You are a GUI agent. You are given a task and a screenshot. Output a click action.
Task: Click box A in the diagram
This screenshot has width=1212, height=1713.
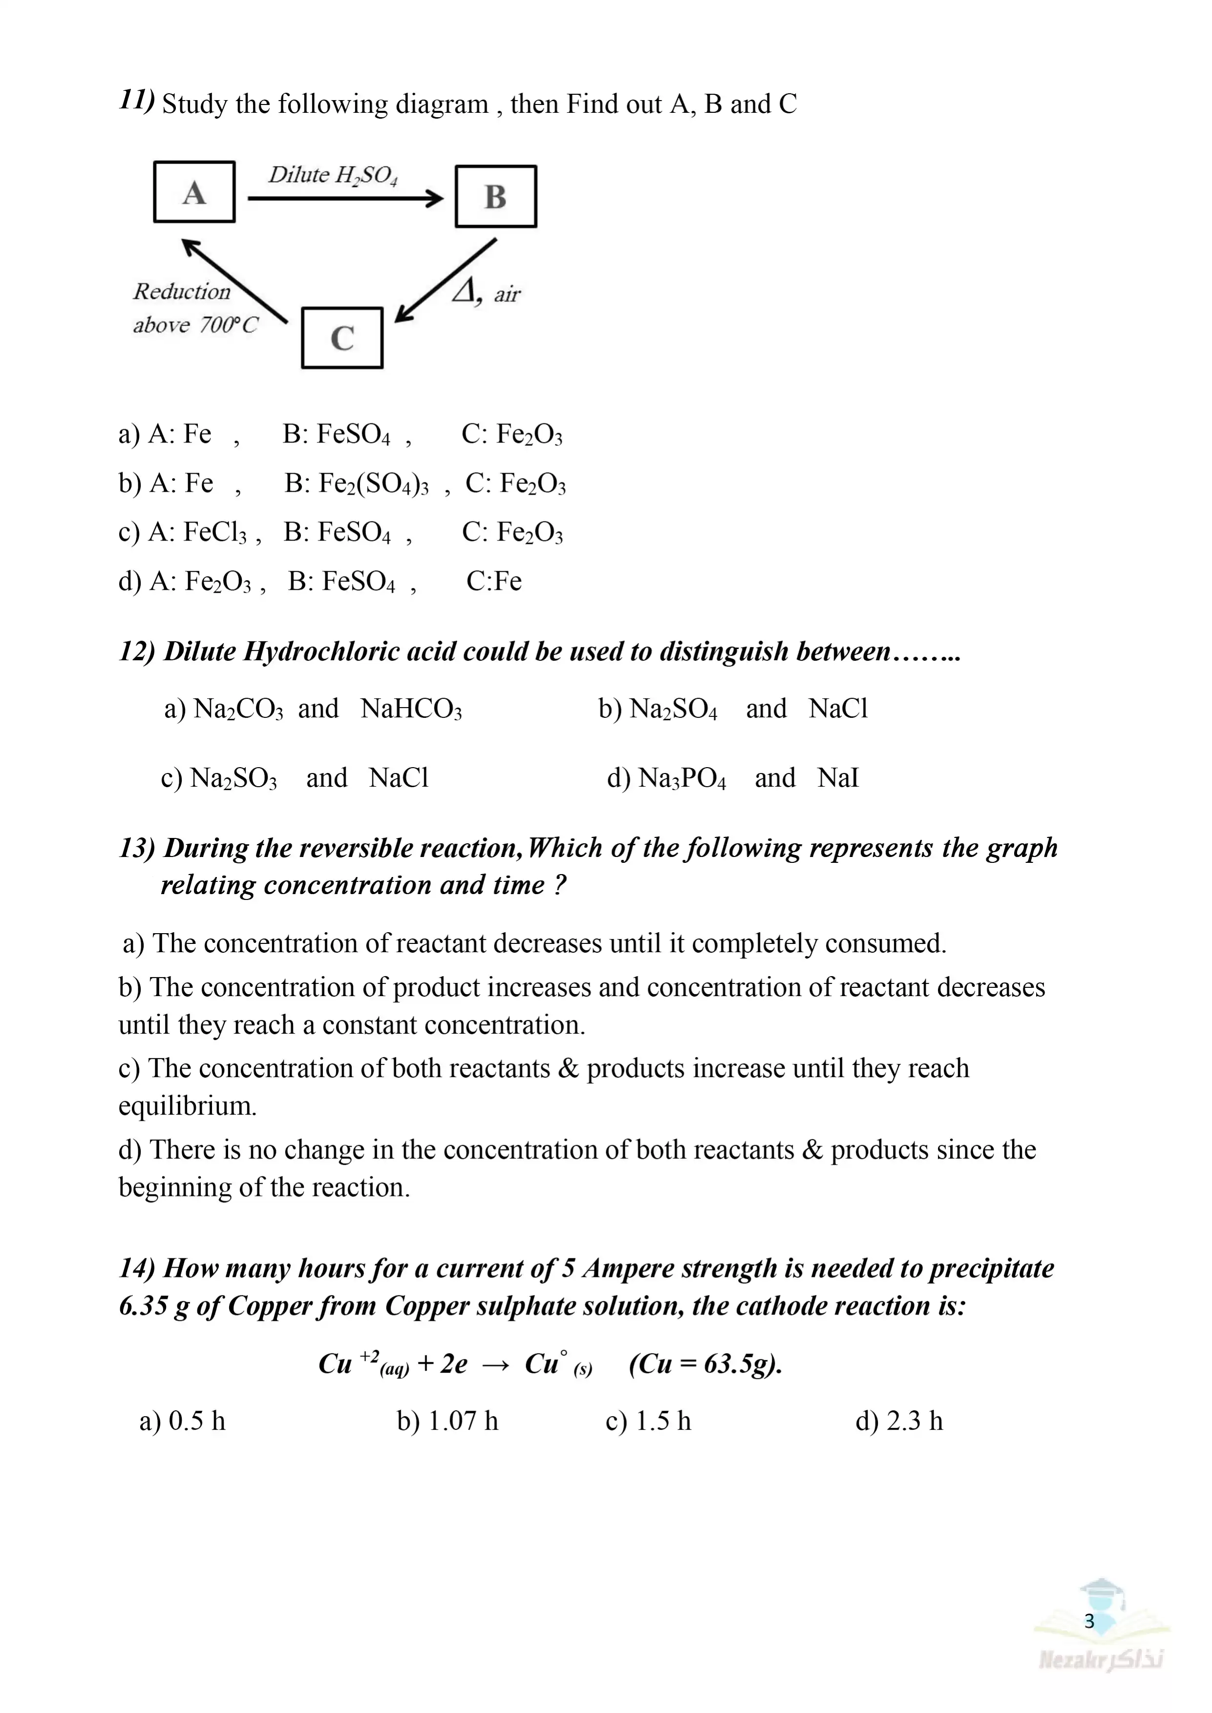194,192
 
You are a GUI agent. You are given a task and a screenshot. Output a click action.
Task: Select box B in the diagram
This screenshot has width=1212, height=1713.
495,197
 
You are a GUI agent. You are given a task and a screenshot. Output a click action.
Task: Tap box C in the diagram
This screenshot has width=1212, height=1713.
342,338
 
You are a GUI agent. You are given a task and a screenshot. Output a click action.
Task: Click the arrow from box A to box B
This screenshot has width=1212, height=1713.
345,198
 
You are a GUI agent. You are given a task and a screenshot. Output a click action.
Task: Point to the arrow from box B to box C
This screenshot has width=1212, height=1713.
446,280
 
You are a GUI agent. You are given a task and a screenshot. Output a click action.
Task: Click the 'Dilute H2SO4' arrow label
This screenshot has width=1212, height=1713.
333,175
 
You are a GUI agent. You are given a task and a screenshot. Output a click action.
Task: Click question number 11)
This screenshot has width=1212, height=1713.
137,100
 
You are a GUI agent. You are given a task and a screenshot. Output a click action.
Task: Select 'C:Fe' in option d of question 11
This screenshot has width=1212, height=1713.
493,581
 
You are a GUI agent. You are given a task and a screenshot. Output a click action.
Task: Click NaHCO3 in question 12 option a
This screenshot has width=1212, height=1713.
411,709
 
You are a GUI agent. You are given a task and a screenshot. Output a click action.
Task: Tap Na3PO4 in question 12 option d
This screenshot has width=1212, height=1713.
682,778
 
